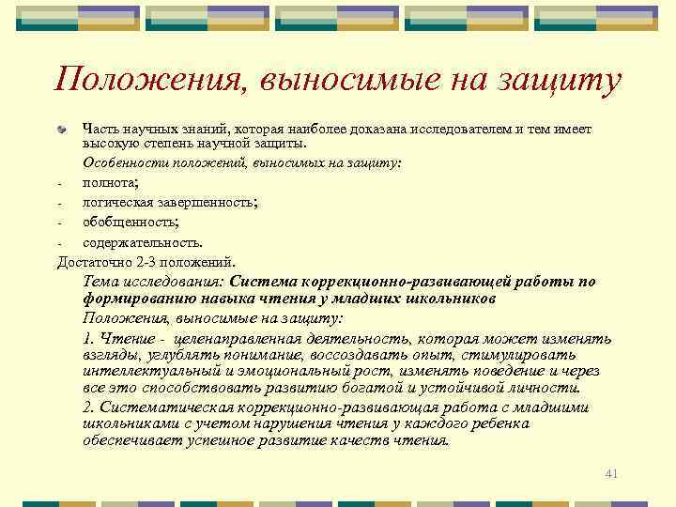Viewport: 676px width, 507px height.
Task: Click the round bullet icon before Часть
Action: (x=63, y=129)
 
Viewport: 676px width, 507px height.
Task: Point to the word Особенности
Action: (x=121, y=162)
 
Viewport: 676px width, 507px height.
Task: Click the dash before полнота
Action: (x=59, y=183)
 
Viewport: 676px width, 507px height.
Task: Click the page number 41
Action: (x=611, y=472)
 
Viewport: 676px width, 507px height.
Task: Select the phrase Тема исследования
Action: (x=153, y=281)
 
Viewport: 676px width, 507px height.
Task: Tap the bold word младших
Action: (x=377, y=299)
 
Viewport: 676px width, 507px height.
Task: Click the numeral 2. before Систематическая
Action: (x=89, y=407)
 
